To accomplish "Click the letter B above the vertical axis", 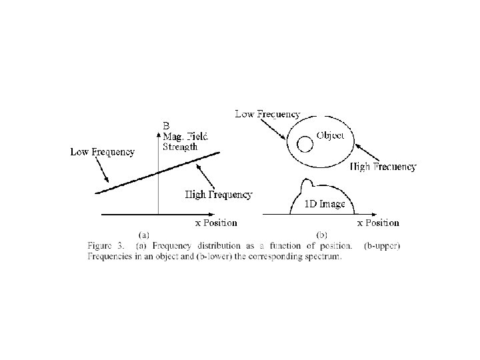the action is point(167,125).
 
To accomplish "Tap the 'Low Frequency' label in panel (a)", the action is point(103,152).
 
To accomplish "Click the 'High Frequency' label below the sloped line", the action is point(218,195).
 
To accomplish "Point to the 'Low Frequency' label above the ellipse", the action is point(267,114).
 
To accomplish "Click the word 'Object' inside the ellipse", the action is point(331,136).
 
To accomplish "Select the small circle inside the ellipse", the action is point(305,144).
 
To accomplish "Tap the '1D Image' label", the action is point(325,204).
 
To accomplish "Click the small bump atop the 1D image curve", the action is point(307,182).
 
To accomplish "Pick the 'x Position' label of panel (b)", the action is point(378,222).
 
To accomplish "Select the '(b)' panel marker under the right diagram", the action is point(322,234).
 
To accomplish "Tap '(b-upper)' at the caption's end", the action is point(382,246).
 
